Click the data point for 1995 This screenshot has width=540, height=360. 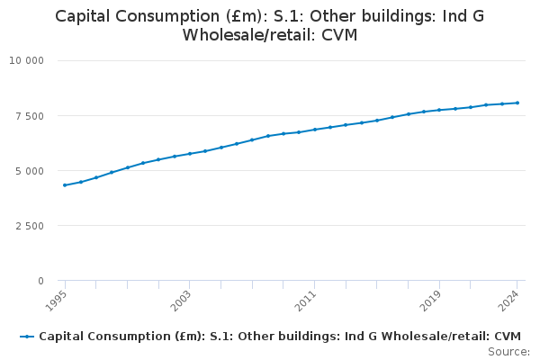tap(65, 185)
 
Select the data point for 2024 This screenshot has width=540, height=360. tap(517, 103)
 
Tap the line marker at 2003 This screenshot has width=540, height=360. tap(190, 154)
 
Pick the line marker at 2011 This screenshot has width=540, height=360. tap(315, 130)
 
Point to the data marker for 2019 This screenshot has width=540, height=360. tap(439, 110)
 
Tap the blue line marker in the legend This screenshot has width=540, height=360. tap(27, 337)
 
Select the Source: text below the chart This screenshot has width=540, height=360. tap(508, 351)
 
